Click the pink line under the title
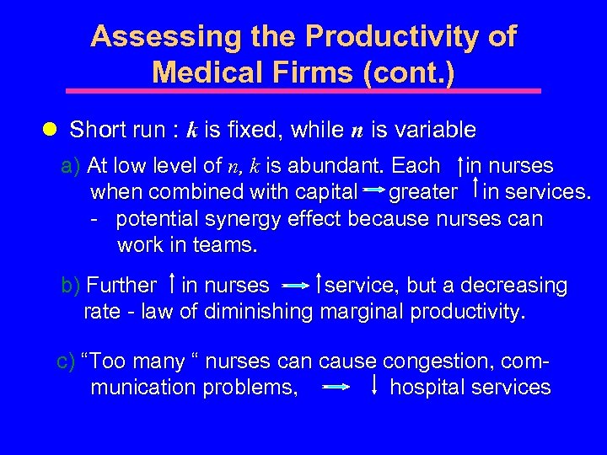click(303, 90)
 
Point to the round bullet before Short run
click(49, 130)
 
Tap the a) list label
click(72, 166)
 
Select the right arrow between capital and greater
click(374, 192)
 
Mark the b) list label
click(72, 286)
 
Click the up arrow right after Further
click(172, 286)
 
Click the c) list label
click(66, 362)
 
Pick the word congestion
click(442, 362)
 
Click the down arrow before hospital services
click(373, 387)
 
